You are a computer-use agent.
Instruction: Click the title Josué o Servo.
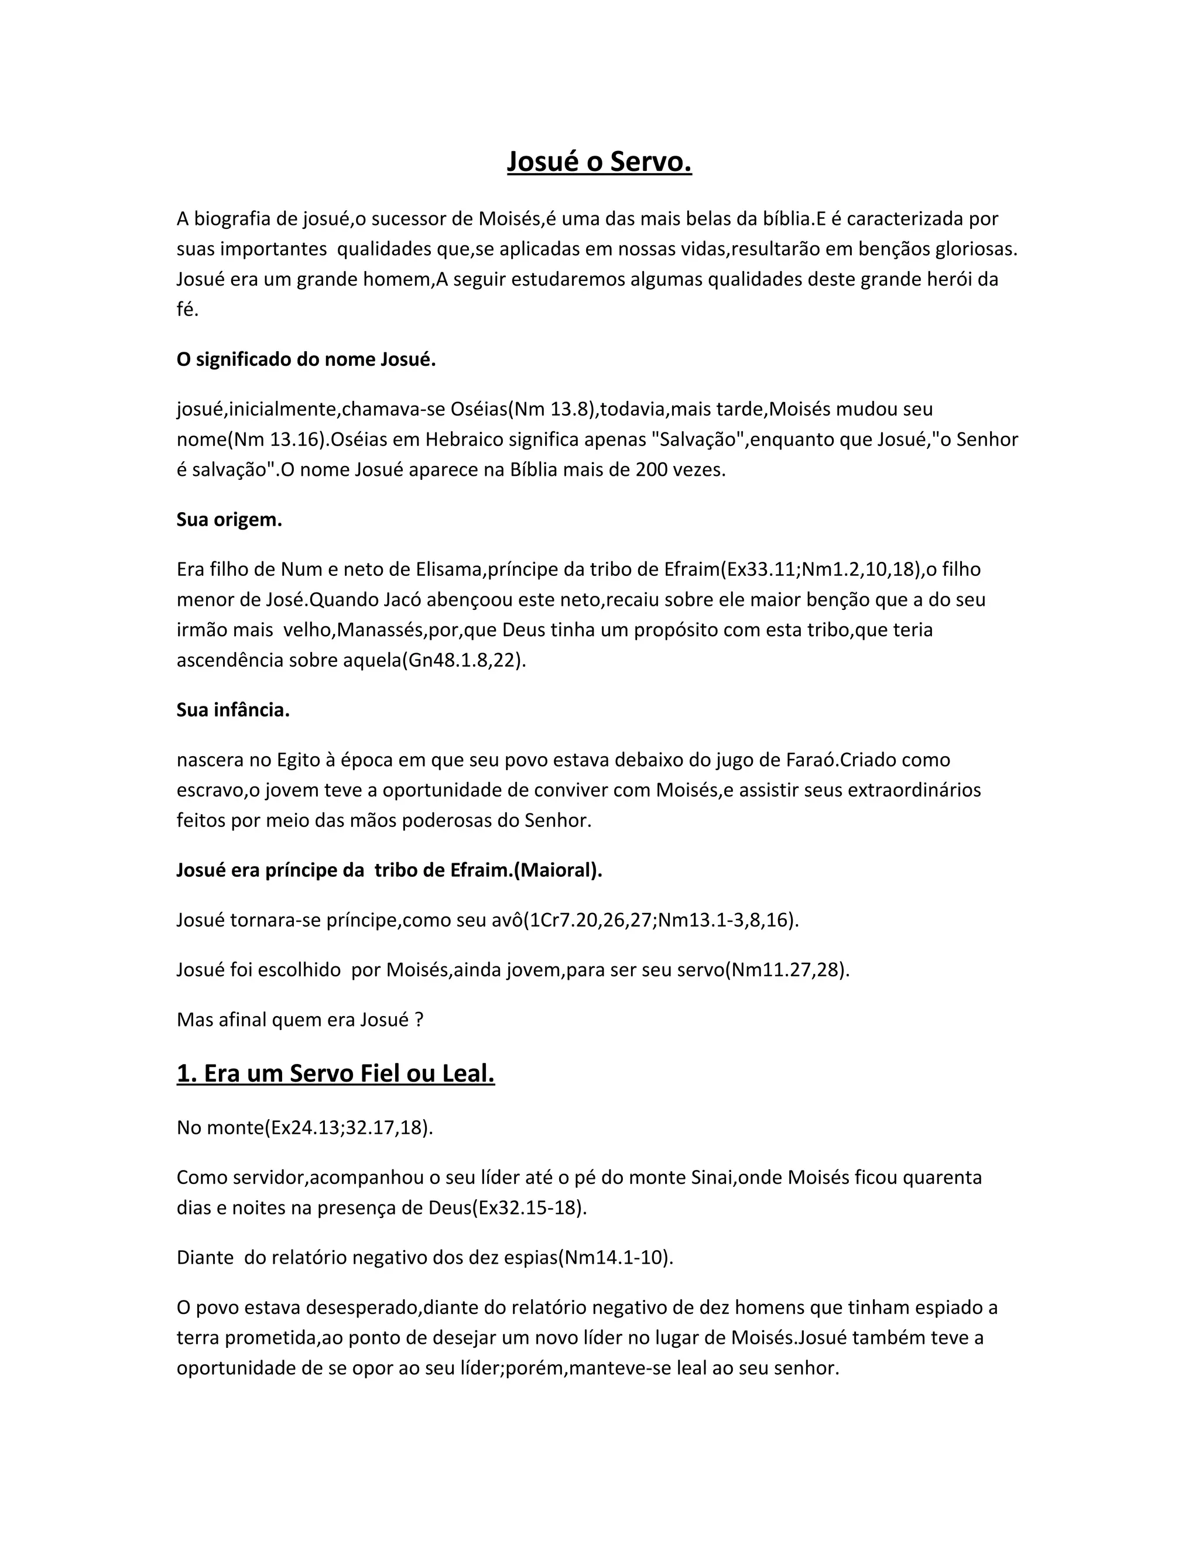[599, 162]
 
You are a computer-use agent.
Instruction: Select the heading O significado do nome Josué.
[306, 359]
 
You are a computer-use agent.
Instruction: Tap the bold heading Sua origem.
[229, 520]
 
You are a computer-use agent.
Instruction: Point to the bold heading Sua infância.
[233, 710]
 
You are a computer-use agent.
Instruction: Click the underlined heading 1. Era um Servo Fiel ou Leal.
[335, 1073]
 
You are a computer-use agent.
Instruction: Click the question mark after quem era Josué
[419, 1020]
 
